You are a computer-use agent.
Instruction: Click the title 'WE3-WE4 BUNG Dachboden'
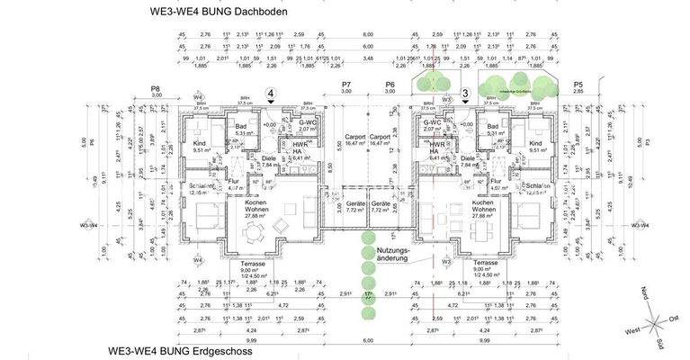point(221,13)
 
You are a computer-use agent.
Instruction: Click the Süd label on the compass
point(659,343)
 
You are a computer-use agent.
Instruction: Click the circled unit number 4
point(270,93)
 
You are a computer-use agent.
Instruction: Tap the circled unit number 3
point(465,93)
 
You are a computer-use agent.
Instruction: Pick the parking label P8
point(156,88)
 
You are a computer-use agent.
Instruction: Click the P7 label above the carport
point(345,85)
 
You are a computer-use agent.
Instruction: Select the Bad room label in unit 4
point(241,127)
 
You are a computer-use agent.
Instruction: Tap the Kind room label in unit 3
point(535,144)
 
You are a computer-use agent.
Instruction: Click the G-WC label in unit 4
point(307,122)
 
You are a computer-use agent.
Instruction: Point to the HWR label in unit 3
point(437,145)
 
